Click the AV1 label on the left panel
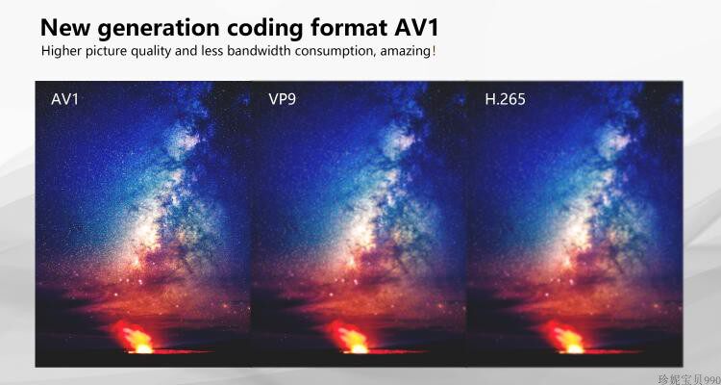64,99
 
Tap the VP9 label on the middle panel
282,99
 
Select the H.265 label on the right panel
505,99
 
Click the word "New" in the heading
65,28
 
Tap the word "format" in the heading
349,29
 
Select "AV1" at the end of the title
415,28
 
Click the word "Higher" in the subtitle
59,51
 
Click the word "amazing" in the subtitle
407,52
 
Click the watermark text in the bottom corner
688,380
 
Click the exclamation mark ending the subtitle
433,51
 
